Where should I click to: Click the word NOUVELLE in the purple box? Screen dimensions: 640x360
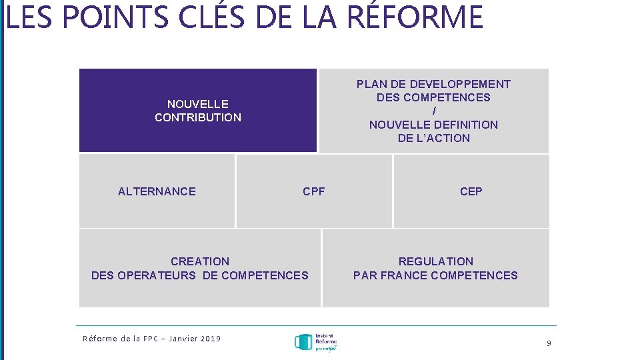(x=197, y=104)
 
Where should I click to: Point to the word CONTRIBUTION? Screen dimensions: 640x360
(x=197, y=117)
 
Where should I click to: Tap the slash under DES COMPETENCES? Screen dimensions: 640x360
(x=434, y=111)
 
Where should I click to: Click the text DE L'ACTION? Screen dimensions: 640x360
(x=433, y=138)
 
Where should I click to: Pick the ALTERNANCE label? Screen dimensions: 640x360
(x=157, y=191)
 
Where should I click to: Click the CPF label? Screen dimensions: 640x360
(x=313, y=191)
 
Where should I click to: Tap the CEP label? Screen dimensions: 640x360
(x=471, y=191)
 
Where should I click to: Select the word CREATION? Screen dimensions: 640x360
(x=199, y=261)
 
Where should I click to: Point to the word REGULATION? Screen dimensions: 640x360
(x=435, y=261)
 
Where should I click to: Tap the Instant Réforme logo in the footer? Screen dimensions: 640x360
(x=315, y=343)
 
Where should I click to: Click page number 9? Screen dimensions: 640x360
(x=549, y=343)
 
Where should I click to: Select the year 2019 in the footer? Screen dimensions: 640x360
(x=209, y=339)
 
